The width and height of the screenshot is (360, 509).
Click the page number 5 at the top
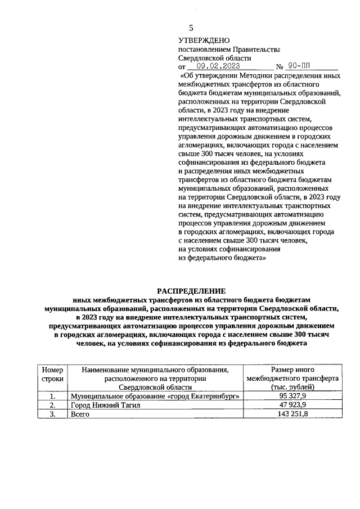[191, 28]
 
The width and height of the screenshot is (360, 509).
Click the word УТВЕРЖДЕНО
[204, 40]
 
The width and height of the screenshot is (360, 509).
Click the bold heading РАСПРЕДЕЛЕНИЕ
[191, 291]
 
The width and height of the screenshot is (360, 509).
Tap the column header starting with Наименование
[155, 370]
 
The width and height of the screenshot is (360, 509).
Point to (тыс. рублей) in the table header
[292, 388]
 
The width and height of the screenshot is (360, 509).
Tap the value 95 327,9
[292, 396]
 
